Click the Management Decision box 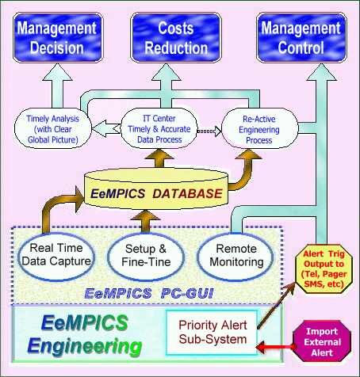tap(58, 38)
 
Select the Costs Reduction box tap(176, 38)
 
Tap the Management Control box tap(301, 38)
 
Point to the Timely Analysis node tap(53, 128)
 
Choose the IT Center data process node tap(159, 128)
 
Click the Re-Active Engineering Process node tap(260, 128)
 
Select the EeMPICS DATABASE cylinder tap(156, 190)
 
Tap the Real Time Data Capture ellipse tap(56, 255)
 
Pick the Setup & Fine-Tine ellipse tap(146, 255)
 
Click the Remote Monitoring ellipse tap(236, 255)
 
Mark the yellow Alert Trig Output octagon tap(324, 268)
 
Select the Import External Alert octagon tap(322, 341)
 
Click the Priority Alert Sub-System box tap(212, 332)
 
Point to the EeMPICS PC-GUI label tap(149, 293)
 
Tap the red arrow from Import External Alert tap(275, 347)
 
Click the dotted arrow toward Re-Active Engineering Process tap(209, 131)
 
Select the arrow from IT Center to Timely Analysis tap(106, 129)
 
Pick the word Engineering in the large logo tap(85, 346)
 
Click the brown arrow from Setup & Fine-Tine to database tap(146, 221)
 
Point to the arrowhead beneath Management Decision tap(57, 72)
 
